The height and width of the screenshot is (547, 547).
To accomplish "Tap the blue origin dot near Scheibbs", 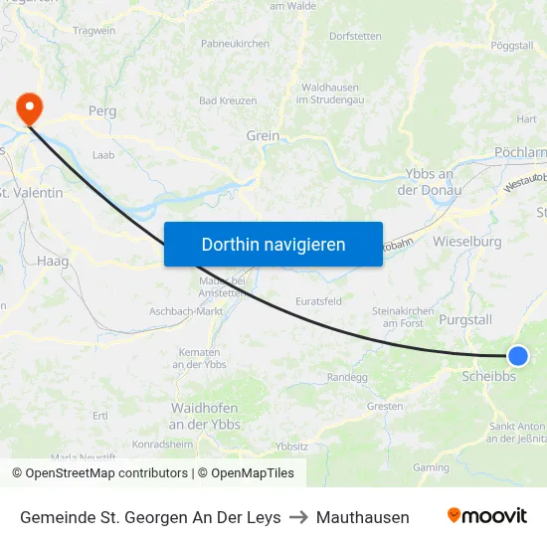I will [x=517, y=356].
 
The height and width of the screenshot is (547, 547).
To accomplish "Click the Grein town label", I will [x=263, y=136].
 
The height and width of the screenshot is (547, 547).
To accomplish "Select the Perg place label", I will [x=102, y=111].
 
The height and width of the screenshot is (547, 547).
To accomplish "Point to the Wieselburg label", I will [x=467, y=241].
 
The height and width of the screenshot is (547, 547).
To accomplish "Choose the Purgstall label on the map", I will [x=465, y=319].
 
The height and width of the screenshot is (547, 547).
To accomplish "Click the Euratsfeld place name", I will [x=319, y=300].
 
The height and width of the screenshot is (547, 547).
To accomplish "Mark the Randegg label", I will [x=347, y=377].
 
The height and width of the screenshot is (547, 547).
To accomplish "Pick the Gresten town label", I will [x=385, y=406].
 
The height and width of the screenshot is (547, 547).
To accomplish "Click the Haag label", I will [x=52, y=261].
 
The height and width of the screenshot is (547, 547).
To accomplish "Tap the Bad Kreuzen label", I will [x=228, y=100].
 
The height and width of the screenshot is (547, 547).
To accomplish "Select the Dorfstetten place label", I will [x=355, y=36].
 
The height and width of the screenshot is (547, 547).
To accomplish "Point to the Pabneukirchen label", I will [x=235, y=44].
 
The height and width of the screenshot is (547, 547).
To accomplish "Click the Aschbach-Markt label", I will [x=186, y=311].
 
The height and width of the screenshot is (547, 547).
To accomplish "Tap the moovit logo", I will [x=486, y=516].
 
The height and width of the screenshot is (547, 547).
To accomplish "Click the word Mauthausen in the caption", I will [x=362, y=517].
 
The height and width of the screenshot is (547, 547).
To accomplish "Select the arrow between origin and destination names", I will [x=298, y=517].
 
